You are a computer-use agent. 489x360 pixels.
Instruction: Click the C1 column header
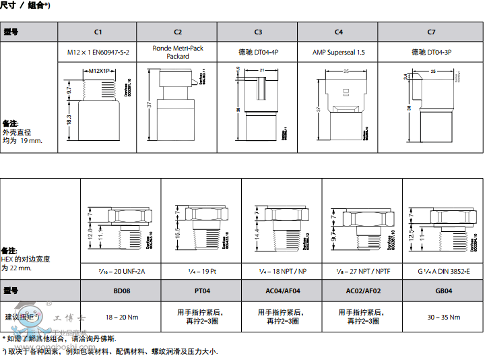tap(98, 32)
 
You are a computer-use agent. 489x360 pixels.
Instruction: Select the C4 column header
tap(338, 32)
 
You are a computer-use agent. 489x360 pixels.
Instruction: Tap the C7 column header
tap(431, 32)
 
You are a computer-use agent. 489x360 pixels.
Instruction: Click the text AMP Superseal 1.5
tap(338, 52)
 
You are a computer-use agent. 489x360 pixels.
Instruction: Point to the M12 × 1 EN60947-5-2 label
tap(98, 52)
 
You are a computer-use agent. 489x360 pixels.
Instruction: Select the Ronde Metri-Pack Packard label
tap(178, 53)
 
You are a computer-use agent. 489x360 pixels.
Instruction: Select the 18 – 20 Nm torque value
tap(121, 317)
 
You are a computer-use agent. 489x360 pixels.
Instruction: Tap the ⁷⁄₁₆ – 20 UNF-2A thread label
tap(121, 271)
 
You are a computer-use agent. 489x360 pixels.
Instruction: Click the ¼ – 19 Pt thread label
tap(201, 271)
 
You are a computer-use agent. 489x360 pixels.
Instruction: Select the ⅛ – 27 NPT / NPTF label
tap(362, 271)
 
